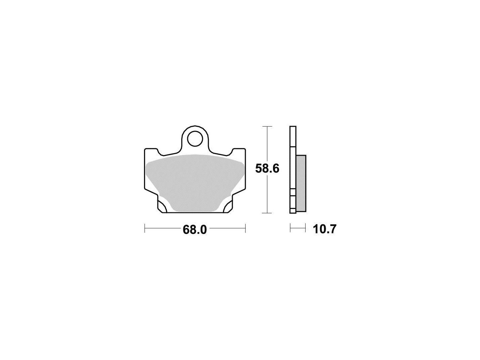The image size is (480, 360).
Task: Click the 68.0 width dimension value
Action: click(195, 230)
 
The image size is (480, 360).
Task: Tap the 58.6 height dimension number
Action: click(267, 169)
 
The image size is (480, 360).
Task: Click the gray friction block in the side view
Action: click(301, 183)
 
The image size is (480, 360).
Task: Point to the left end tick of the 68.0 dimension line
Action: click(145, 228)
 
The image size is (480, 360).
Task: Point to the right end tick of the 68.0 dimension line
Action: click(246, 228)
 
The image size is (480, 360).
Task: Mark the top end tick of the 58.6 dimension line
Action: click(267, 127)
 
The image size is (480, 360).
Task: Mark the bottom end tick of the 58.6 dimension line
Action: click(267, 213)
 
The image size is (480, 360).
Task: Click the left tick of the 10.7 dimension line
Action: click(290, 228)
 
